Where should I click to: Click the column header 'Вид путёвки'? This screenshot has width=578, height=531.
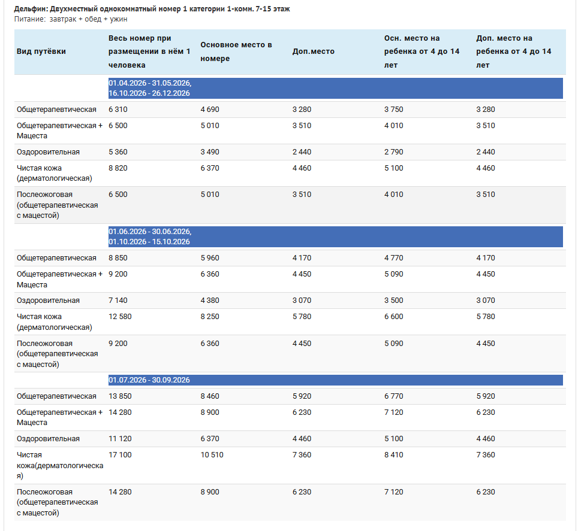(x=41, y=51)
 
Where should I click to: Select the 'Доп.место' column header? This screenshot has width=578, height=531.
(x=314, y=51)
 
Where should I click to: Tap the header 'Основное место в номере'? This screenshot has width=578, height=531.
(x=236, y=51)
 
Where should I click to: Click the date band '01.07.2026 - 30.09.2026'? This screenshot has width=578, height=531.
(x=149, y=380)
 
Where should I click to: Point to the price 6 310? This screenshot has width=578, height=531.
(x=118, y=110)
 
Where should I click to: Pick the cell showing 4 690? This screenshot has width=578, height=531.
(x=210, y=110)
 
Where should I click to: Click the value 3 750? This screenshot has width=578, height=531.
(x=394, y=110)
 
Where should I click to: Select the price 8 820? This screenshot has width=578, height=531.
(x=118, y=168)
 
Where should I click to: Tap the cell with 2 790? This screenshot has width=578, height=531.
(x=394, y=152)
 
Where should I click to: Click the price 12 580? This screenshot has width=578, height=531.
(x=120, y=317)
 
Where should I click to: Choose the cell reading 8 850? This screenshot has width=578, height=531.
(x=118, y=258)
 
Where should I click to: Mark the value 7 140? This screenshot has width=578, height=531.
(x=118, y=301)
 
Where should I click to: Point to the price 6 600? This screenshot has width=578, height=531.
(x=394, y=317)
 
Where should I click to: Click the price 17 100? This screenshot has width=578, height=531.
(x=120, y=455)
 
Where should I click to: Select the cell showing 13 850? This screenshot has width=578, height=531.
(x=120, y=396)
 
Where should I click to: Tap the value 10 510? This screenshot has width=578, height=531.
(x=212, y=455)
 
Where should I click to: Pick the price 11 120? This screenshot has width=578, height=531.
(x=120, y=439)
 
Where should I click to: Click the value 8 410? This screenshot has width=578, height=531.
(x=394, y=455)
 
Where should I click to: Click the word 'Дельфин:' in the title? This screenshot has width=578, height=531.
(x=31, y=9)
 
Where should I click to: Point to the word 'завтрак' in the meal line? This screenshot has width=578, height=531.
(x=63, y=19)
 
